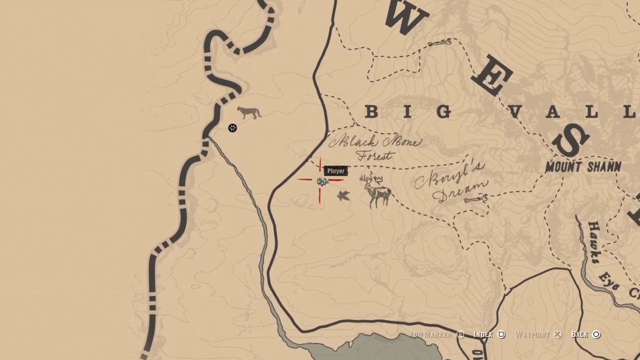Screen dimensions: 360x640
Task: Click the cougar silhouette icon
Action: click(249, 112)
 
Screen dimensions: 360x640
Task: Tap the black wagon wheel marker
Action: click(232, 128)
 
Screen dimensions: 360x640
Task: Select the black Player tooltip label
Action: click(336, 171)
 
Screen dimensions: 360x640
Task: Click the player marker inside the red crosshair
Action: click(321, 181)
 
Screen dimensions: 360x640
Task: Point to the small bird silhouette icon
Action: click(343, 195)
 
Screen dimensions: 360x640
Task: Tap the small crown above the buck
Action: click(378, 179)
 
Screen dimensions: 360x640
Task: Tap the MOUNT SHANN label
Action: click(583, 167)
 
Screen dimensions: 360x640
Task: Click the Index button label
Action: click(483, 334)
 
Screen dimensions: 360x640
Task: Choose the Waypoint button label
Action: click(532, 334)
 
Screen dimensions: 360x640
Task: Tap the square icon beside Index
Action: click(501, 334)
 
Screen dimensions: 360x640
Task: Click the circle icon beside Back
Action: click(596, 334)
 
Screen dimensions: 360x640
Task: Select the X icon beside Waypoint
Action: click(557, 334)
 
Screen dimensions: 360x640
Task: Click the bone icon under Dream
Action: click(475, 200)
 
